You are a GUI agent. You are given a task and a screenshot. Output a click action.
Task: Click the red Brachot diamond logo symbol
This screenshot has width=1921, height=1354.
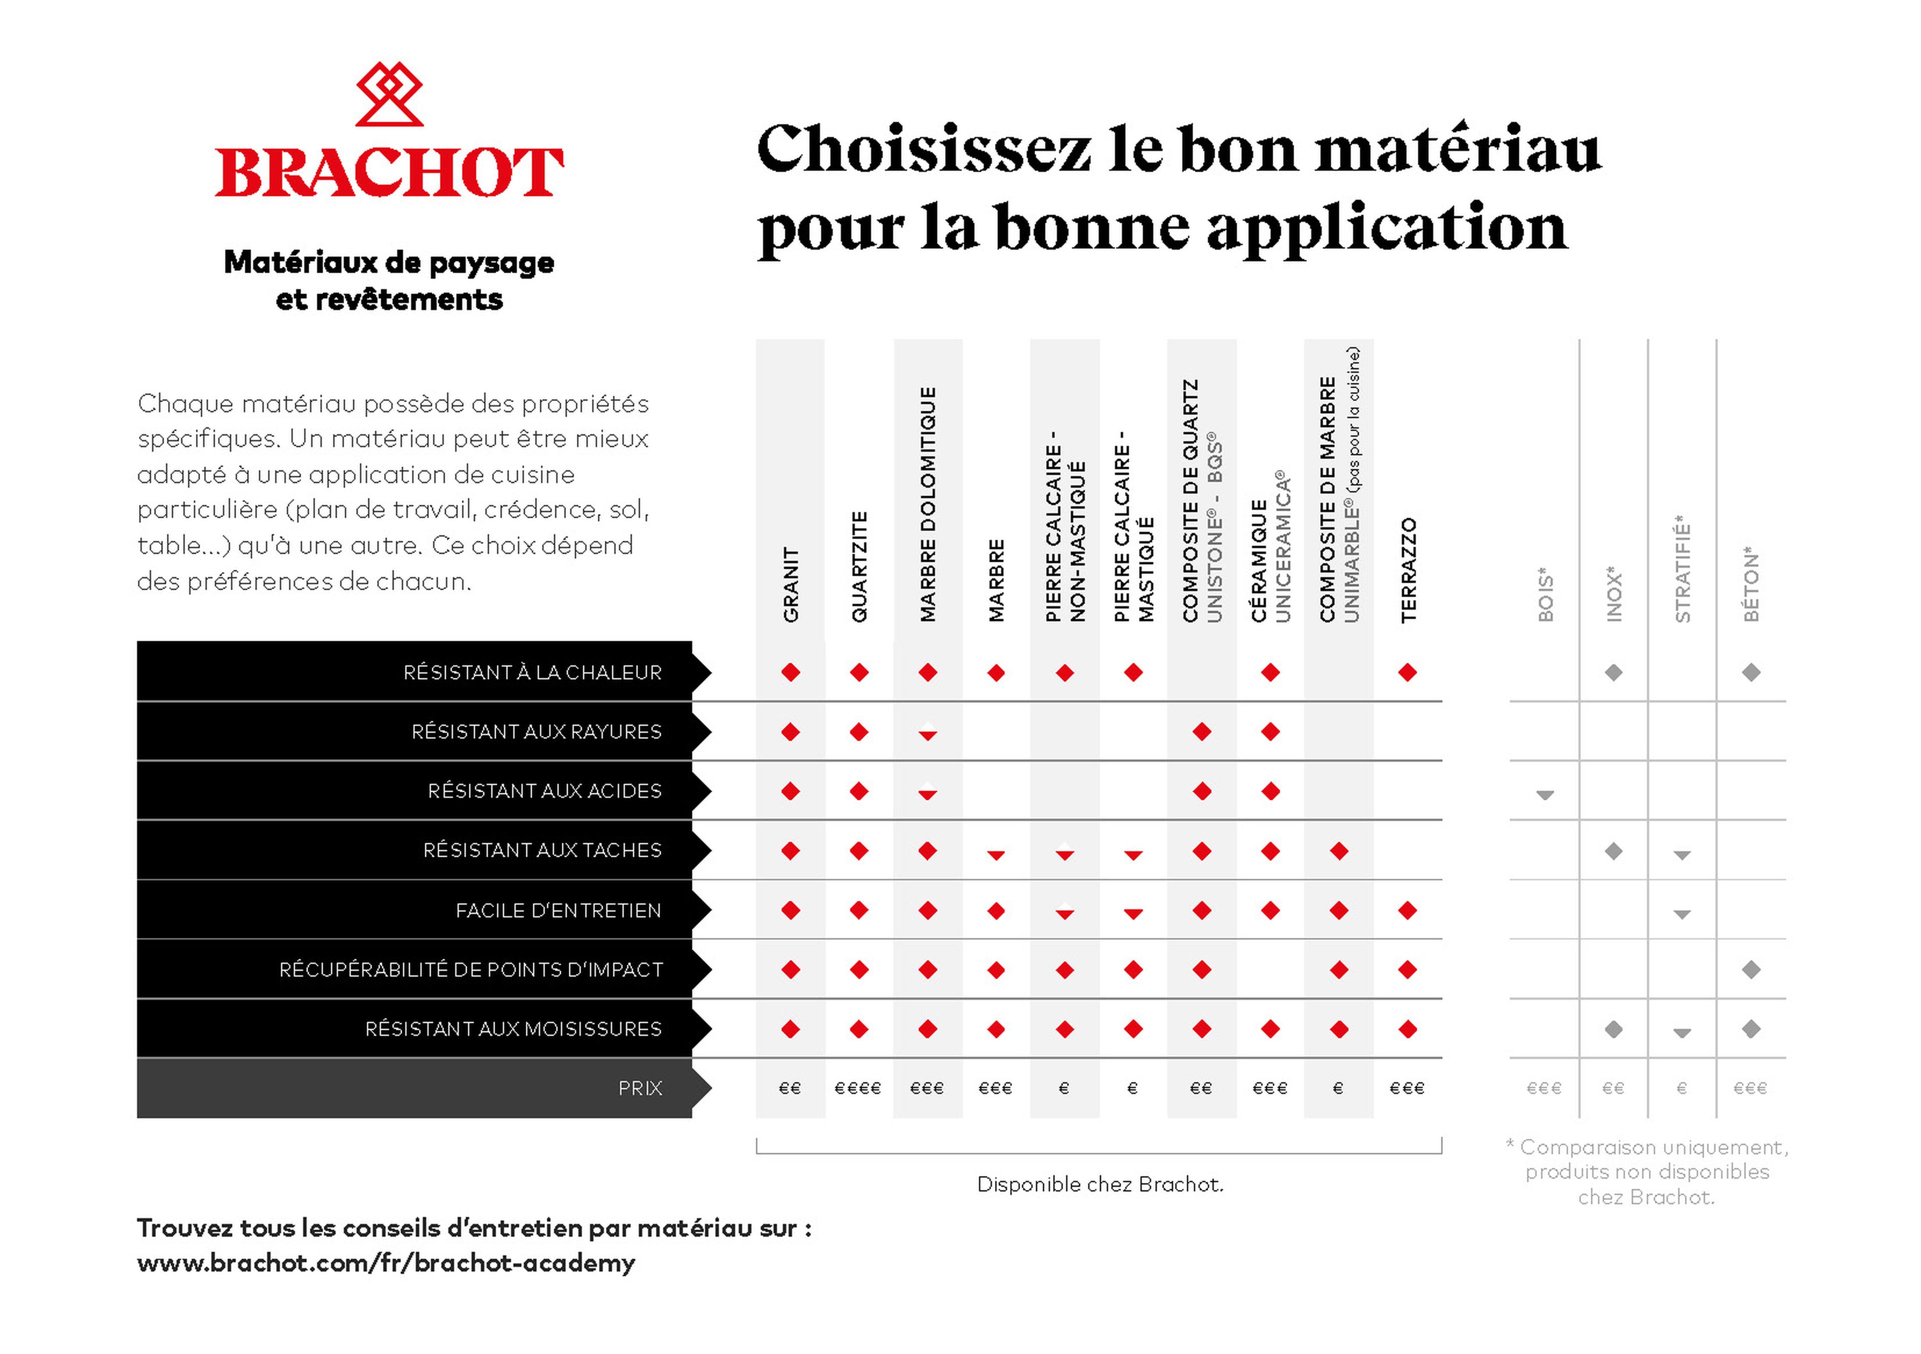(x=389, y=93)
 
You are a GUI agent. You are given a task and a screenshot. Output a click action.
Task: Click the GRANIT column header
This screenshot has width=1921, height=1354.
(x=790, y=584)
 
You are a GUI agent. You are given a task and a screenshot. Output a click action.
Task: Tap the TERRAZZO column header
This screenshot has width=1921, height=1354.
(x=1408, y=570)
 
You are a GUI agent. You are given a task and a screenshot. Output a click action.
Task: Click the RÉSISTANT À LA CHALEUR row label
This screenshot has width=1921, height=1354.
(x=532, y=672)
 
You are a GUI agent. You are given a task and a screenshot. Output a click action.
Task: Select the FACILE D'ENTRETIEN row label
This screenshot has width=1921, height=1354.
(x=558, y=910)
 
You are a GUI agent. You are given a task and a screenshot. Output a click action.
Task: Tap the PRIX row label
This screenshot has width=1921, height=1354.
(x=640, y=1088)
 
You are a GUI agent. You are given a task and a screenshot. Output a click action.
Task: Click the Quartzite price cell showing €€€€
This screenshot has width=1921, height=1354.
(x=858, y=1088)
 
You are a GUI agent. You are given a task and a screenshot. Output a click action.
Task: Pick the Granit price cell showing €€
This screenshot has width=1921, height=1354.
(x=790, y=1088)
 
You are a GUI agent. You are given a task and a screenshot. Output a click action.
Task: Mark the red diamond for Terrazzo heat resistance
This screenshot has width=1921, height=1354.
(x=1408, y=672)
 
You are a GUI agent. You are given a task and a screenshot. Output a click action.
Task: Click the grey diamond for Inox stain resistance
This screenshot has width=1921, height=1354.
(x=1614, y=851)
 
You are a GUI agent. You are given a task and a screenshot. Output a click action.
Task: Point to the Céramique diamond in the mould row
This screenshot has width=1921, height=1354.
(x=1271, y=1029)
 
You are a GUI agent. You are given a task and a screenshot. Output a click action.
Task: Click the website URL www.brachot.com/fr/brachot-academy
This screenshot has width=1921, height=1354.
(x=386, y=1263)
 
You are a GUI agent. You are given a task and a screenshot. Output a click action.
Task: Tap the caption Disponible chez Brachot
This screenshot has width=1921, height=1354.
(x=1100, y=1184)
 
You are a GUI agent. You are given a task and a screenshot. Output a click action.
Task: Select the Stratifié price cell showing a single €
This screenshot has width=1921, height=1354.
(x=1682, y=1088)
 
